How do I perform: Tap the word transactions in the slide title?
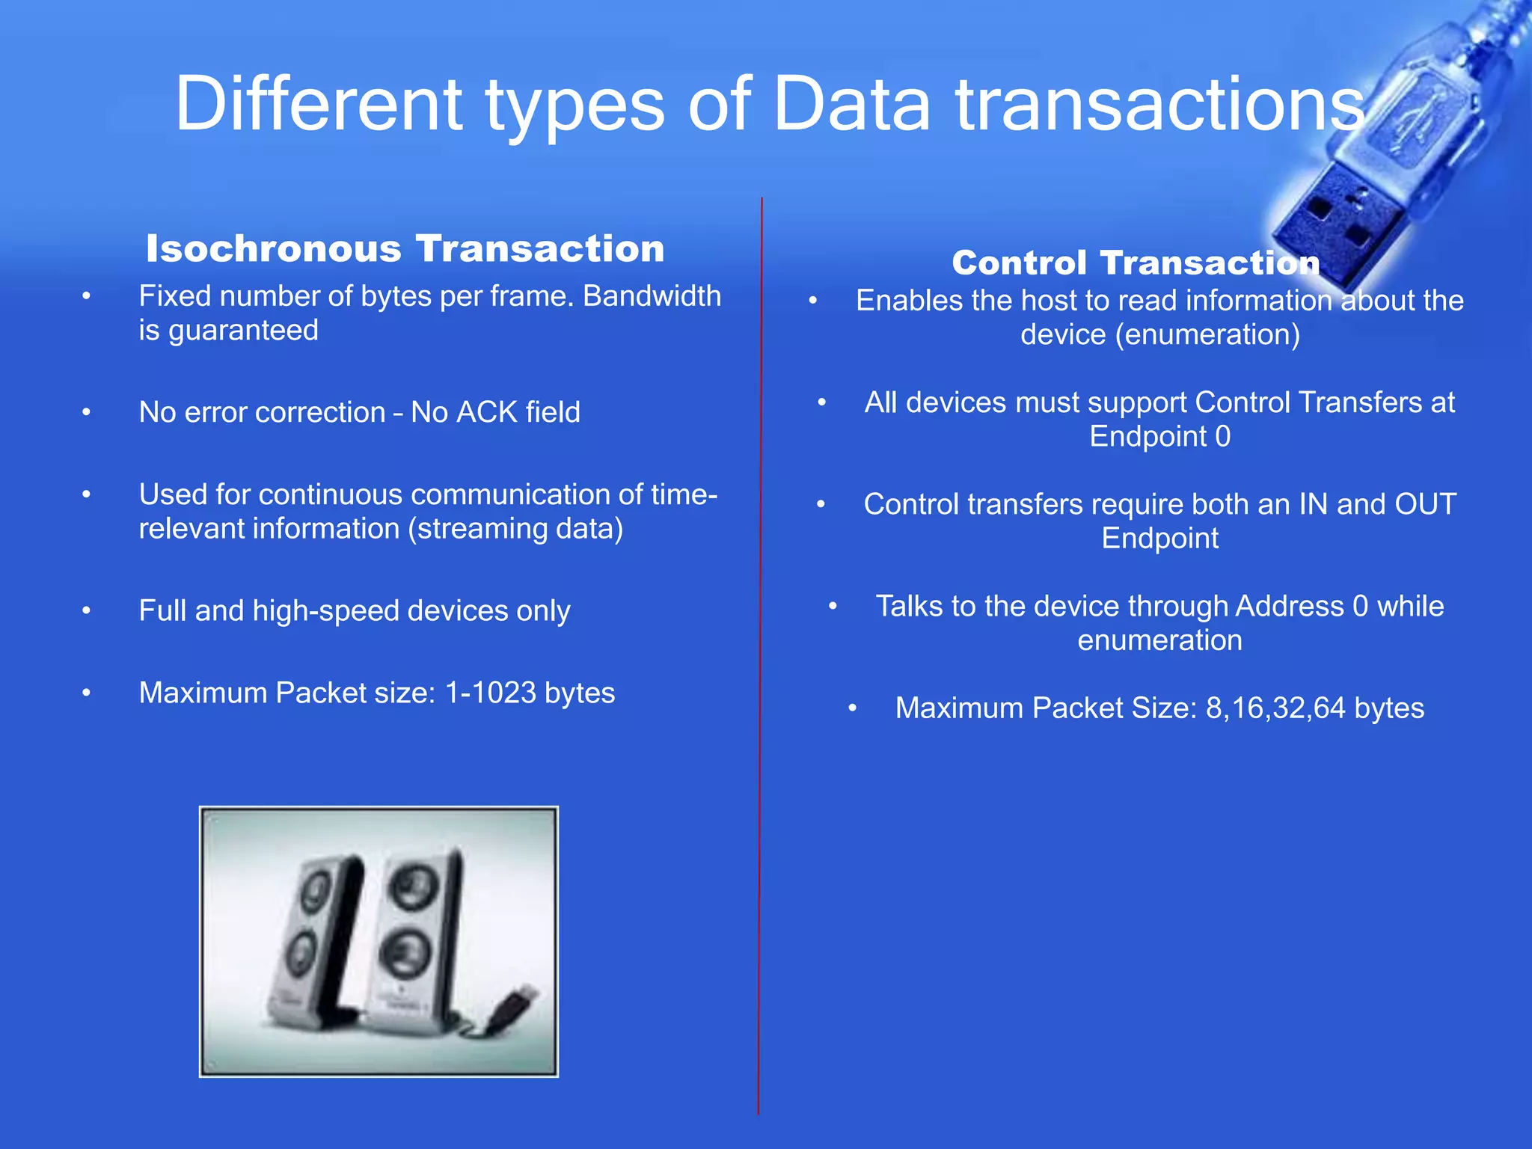[1159, 105]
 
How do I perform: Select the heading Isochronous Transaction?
[405, 248]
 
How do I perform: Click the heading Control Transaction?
[1136, 263]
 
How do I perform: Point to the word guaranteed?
[228, 331]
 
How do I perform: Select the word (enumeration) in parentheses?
[1207, 334]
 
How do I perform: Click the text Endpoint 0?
[1159, 436]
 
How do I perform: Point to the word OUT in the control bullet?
[1425, 504]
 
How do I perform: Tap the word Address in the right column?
[1289, 606]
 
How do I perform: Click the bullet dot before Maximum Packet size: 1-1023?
[87, 693]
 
